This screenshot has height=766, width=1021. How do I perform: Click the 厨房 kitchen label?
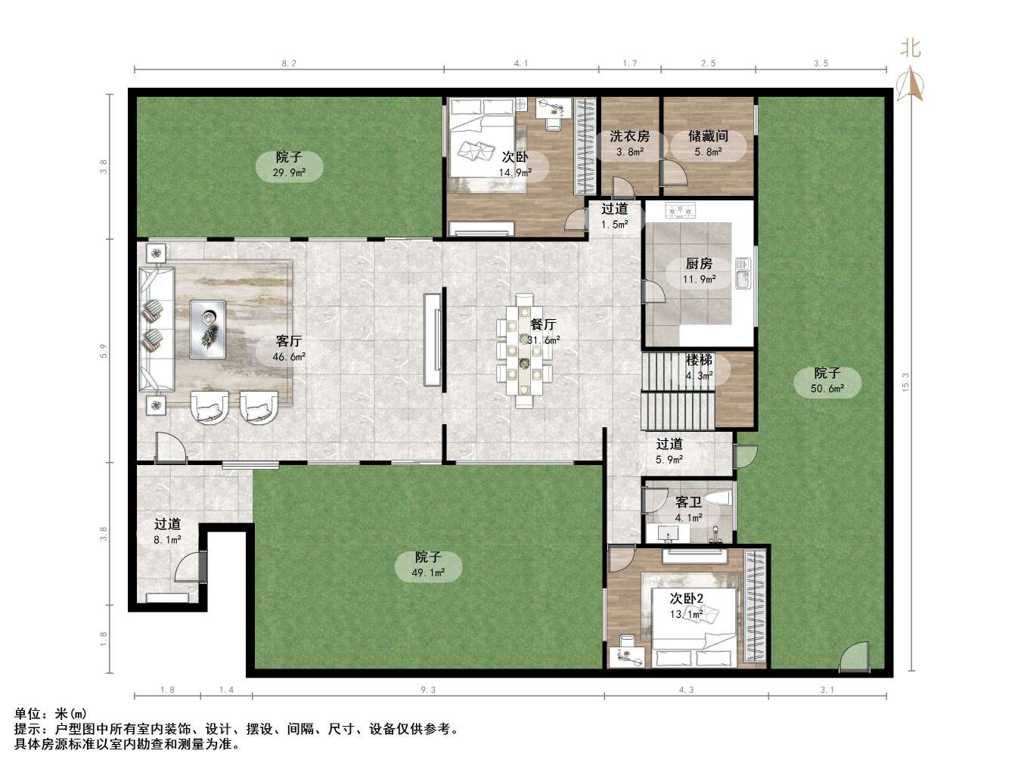[698, 264]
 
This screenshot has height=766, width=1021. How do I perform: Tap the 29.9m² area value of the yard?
[289, 172]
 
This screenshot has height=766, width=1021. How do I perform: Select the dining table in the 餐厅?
[524, 351]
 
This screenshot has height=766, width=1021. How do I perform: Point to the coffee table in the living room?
[207, 329]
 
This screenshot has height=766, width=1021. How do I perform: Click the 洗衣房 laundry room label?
[629, 136]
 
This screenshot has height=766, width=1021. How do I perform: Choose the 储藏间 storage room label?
[708, 136]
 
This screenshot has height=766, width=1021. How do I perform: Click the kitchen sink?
[743, 273]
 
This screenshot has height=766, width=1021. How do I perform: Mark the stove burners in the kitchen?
[681, 211]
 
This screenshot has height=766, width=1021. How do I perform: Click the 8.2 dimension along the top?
[289, 64]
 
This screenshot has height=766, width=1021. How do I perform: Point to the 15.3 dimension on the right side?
[905, 383]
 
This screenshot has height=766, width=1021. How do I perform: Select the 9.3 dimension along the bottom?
[428, 690]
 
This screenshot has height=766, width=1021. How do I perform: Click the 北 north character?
[911, 48]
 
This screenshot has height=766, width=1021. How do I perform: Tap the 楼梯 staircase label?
[699, 359]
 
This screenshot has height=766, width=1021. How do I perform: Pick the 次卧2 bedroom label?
[686, 598]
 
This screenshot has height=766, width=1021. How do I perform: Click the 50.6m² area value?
[827, 389]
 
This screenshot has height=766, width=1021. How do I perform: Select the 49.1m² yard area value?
[428, 572]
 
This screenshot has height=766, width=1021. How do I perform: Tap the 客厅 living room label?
[289, 341]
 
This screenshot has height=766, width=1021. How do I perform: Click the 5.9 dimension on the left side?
[104, 351]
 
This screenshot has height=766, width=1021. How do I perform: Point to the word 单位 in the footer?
[27, 713]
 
